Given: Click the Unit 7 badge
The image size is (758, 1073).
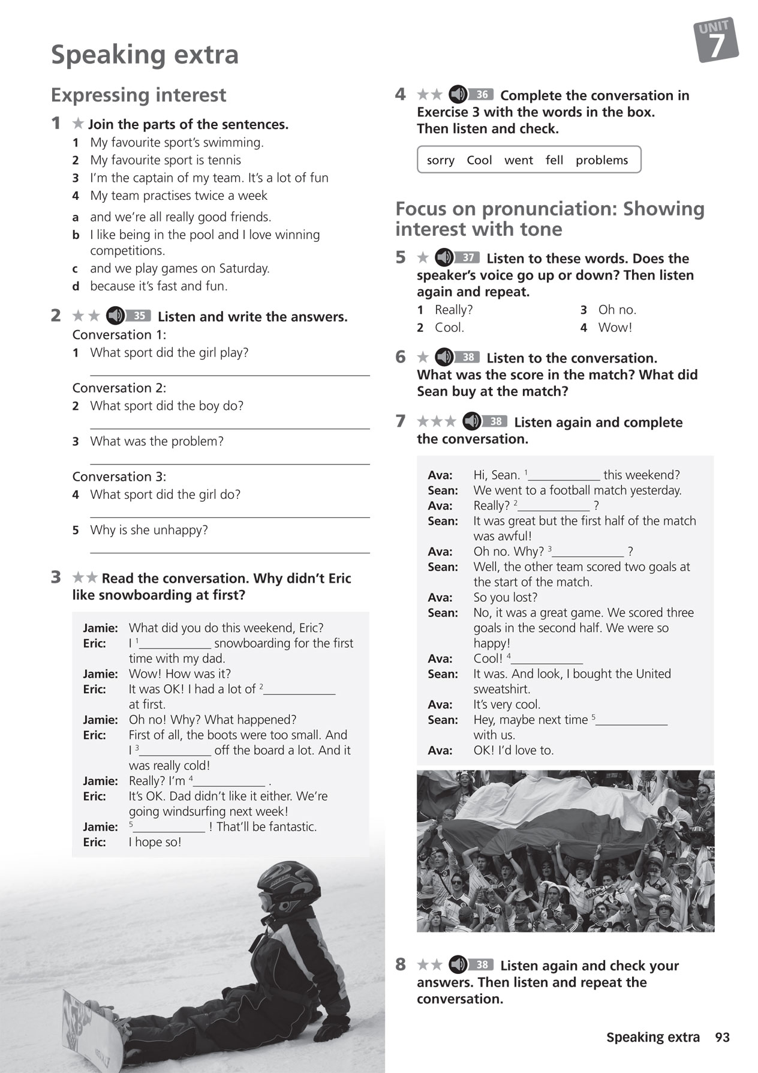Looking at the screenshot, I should (716, 41).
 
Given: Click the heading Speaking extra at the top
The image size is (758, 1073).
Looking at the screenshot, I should (145, 55).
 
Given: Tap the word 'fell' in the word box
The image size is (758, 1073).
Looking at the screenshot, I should (554, 160).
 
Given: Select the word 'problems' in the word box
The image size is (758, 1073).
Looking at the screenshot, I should (601, 160).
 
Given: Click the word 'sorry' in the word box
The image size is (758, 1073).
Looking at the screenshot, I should (440, 160).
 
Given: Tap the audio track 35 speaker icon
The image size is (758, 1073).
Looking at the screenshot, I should (115, 316).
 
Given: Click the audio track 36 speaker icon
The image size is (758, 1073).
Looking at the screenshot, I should (458, 94).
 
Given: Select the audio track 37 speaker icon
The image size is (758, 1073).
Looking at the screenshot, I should (444, 257).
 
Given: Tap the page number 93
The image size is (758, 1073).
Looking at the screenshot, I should (722, 1037).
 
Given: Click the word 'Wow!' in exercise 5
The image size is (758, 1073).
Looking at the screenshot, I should (615, 328).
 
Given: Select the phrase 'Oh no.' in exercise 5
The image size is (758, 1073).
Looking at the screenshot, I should (617, 310).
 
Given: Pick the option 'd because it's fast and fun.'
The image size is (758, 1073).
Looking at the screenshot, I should (158, 286).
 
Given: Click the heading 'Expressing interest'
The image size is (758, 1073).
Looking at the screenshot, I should (139, 95).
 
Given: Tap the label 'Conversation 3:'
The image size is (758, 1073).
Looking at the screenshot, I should (119, 476).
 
